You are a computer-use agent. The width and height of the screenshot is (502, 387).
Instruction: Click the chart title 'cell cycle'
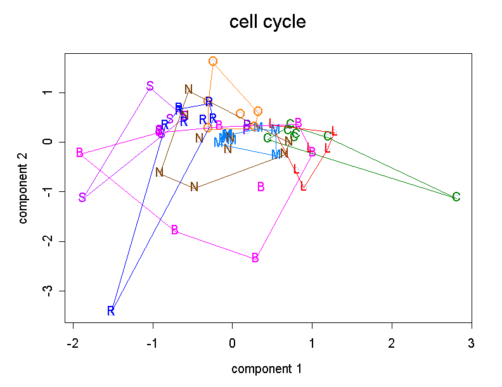(x=267, y=22)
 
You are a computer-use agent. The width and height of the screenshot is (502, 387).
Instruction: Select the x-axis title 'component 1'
(x=266, y=369)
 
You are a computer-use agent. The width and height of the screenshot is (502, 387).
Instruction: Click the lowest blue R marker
(x=111, y=311)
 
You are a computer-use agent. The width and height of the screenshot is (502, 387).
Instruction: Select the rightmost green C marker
(x=456, y=197)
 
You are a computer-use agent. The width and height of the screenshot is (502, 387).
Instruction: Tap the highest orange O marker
(x=213, y=61)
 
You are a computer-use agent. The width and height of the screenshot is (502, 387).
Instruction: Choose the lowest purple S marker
(x=82, y=198)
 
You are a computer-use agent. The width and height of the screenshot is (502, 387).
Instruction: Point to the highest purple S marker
(x=150, y=86)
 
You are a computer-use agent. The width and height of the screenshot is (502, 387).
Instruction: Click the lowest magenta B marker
(x=255, y=258)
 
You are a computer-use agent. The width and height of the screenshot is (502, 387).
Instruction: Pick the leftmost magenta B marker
(x=80, y=153)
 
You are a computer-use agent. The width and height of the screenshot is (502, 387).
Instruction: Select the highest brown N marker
(x=188, y=89)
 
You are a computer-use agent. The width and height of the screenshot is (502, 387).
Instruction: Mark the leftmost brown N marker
(x=160, y=172)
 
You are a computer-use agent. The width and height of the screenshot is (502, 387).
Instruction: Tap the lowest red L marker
(x=303, y=186)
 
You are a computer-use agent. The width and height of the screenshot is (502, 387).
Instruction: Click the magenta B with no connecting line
(x=261, y=186)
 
